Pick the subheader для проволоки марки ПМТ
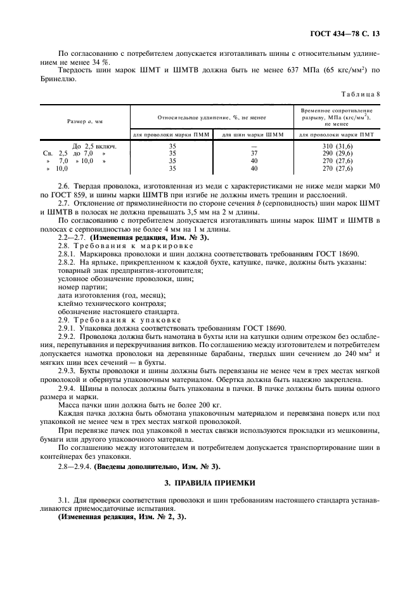coord(337,135)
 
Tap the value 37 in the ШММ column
coord(254,154)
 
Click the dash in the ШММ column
coord(254,146)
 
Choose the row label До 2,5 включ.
coord(99,146)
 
